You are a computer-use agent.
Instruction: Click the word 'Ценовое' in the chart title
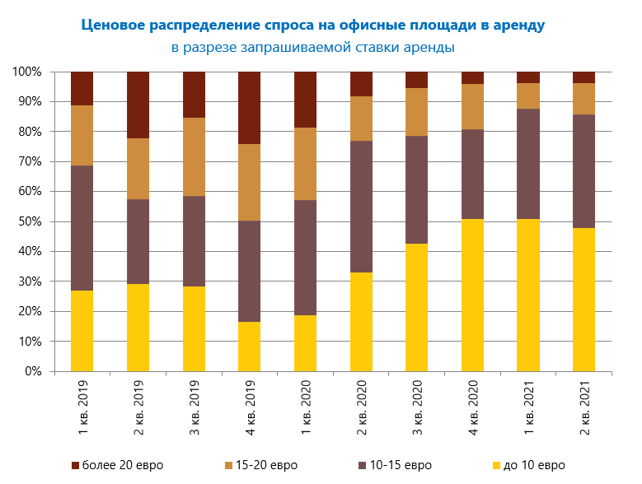pos(113,25)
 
